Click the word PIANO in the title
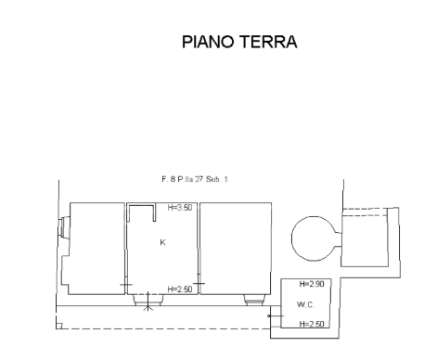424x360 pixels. [208, 42]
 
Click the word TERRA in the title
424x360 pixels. [268, 42]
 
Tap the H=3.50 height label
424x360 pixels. [180, 208]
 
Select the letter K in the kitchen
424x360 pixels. [162, 242]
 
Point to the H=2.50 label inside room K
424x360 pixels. [180, 289]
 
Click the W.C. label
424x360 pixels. [305, 304]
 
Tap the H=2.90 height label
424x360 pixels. [312, 284]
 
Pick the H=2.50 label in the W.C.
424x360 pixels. [312, 324]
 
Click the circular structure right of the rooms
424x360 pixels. [292, 238]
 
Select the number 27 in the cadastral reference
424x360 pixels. [199, 179]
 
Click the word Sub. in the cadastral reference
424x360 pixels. [213, 179]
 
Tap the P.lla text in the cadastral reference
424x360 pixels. [185, 179]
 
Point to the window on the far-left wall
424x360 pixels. [62, 227]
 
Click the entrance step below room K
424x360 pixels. [148, 300]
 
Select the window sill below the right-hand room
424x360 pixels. [254, 300]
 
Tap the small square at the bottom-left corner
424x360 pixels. [59, 326]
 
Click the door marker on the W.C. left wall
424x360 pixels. [276, 316]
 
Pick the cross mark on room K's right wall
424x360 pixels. [199, 283]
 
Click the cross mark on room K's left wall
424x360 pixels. [126, 285]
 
